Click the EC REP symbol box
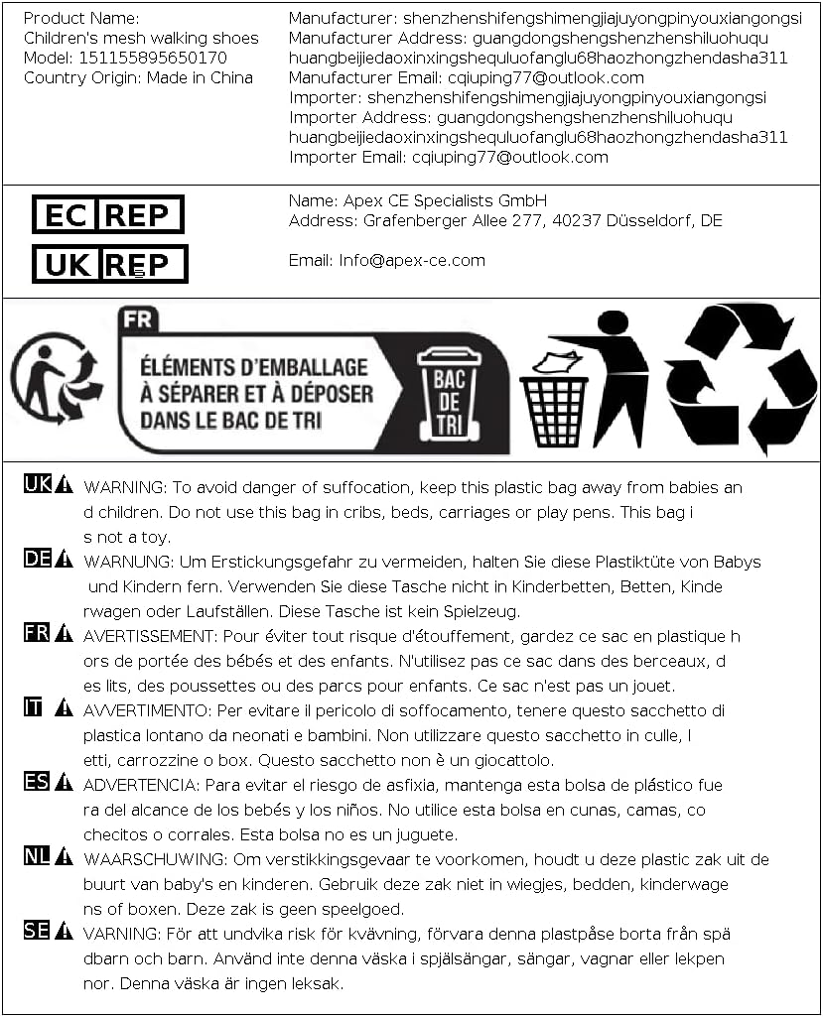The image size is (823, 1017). point(108,214)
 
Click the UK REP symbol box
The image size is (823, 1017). point(110,264)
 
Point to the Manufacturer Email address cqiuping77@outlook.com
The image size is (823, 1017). point(527,77)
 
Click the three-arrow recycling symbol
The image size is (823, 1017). point(740,377)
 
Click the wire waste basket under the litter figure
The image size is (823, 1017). point(554,409)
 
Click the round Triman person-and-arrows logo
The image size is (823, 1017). point(55,377)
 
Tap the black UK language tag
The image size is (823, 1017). point(37,484)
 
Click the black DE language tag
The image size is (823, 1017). point(37,559)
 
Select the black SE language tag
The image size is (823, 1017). point(37,931)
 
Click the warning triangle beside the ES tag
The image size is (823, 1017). point(64,783)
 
